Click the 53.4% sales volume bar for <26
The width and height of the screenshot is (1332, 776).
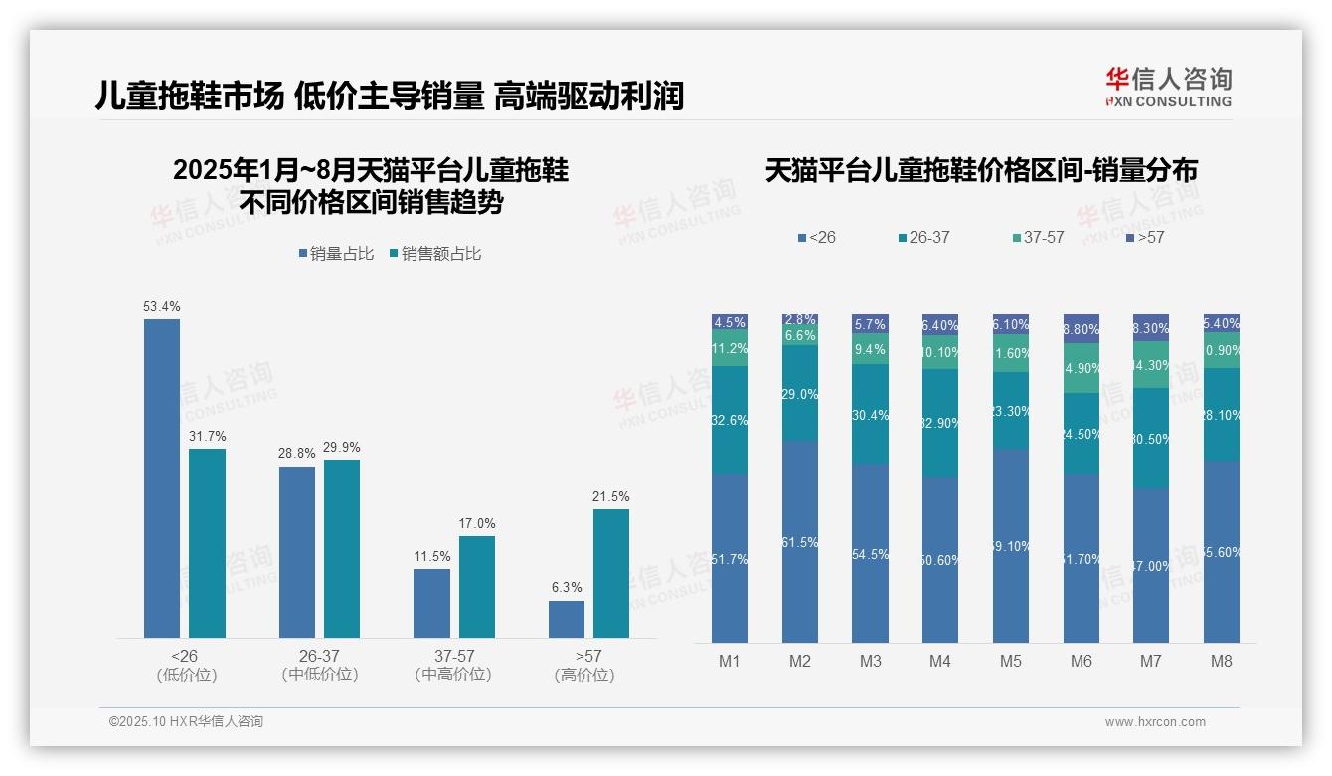(x=162, y=478)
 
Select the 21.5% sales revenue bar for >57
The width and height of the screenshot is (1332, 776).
(x=611, y=573)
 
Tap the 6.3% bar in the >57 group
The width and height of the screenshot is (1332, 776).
(x=567, y=619)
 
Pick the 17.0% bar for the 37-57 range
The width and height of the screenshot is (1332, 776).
(x=477, y=587)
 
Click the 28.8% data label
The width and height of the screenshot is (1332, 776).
(x=297, y=453)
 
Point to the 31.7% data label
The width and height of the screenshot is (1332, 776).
(x=208, y=436)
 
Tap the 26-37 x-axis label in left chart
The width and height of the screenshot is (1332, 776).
(x=319, y=657)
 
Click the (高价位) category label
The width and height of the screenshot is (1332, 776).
(x=584, y=676)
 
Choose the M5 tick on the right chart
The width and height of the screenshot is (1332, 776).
(x=1011, y=661)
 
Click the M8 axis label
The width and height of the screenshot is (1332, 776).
(x=1222, y=661)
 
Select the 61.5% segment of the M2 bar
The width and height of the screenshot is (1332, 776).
(x=800, y=541)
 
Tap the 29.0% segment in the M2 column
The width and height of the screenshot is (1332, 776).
(x=800, y=394)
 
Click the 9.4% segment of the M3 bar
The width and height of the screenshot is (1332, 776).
(x=870, y=349)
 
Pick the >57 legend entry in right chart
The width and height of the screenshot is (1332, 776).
(x=1145, y=238)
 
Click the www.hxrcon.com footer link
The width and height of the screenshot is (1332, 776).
(x=1155, y=722)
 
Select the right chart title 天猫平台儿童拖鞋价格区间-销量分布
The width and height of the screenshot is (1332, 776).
(x=981, y=171)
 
